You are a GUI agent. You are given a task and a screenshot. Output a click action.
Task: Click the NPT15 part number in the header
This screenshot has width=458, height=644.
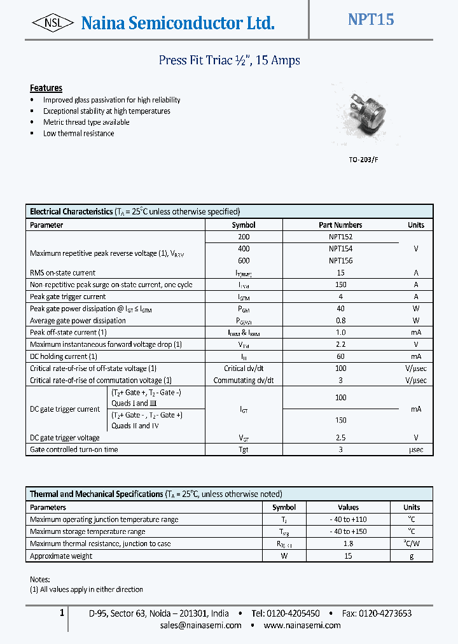[x=371, y=20]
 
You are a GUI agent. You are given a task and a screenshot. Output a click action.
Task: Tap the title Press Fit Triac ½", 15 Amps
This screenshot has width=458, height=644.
[x=229, y=60]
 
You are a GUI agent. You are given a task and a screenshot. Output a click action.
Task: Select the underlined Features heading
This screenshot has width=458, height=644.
[x=46, y=88]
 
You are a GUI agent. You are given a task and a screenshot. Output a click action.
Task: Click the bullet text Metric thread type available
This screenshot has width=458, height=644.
[x=86, y=122]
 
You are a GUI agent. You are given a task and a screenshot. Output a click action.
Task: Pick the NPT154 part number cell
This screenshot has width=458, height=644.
[x=340, y=249]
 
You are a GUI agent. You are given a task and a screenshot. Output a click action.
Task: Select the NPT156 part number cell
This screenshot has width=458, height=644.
[x=340, y=261]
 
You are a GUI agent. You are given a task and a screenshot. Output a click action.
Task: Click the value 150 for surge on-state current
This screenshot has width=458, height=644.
[x=340, y=285]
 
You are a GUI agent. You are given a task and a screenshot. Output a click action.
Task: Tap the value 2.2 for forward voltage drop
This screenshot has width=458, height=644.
[x=340, y=344]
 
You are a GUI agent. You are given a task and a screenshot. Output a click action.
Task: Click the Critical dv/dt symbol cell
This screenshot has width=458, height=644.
[x=244, y=368]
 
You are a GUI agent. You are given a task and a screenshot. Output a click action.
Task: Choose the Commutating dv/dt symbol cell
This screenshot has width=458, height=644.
[x=244, y=381]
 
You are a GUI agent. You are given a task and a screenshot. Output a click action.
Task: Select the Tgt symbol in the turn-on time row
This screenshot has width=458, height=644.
[x=244, y=450]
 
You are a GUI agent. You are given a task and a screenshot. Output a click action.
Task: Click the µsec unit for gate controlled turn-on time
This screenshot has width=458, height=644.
[x=415, y=450]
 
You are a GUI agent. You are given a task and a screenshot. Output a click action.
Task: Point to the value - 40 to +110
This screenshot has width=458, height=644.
[x=348, y=520]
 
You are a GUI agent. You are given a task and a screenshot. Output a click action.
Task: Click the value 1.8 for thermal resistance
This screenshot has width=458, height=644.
[x=348, y=544]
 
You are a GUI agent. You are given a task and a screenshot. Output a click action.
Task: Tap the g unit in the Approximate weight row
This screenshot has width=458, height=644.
[x=412, y=556]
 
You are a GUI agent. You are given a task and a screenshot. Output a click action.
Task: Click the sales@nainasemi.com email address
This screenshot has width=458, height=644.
[x=201, y=625]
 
